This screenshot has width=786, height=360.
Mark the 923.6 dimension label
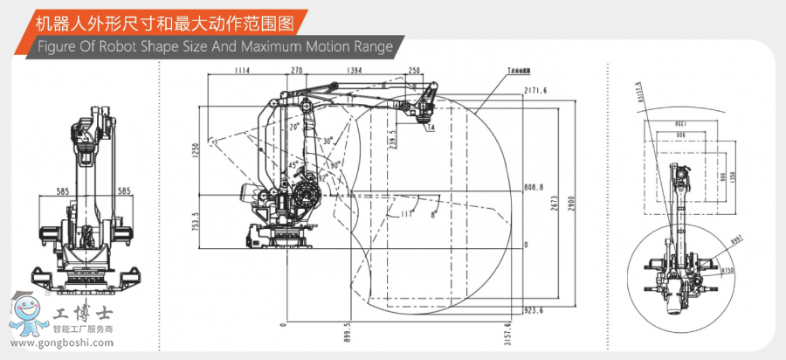(534, 309)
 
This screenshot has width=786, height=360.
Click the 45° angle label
(293, 163)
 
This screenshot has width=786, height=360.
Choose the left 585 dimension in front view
(62, 190)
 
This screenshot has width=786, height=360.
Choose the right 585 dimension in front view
(124, 190)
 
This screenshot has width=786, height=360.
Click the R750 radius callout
(727, 272)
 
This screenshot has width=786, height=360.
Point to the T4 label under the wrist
(431, 126)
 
